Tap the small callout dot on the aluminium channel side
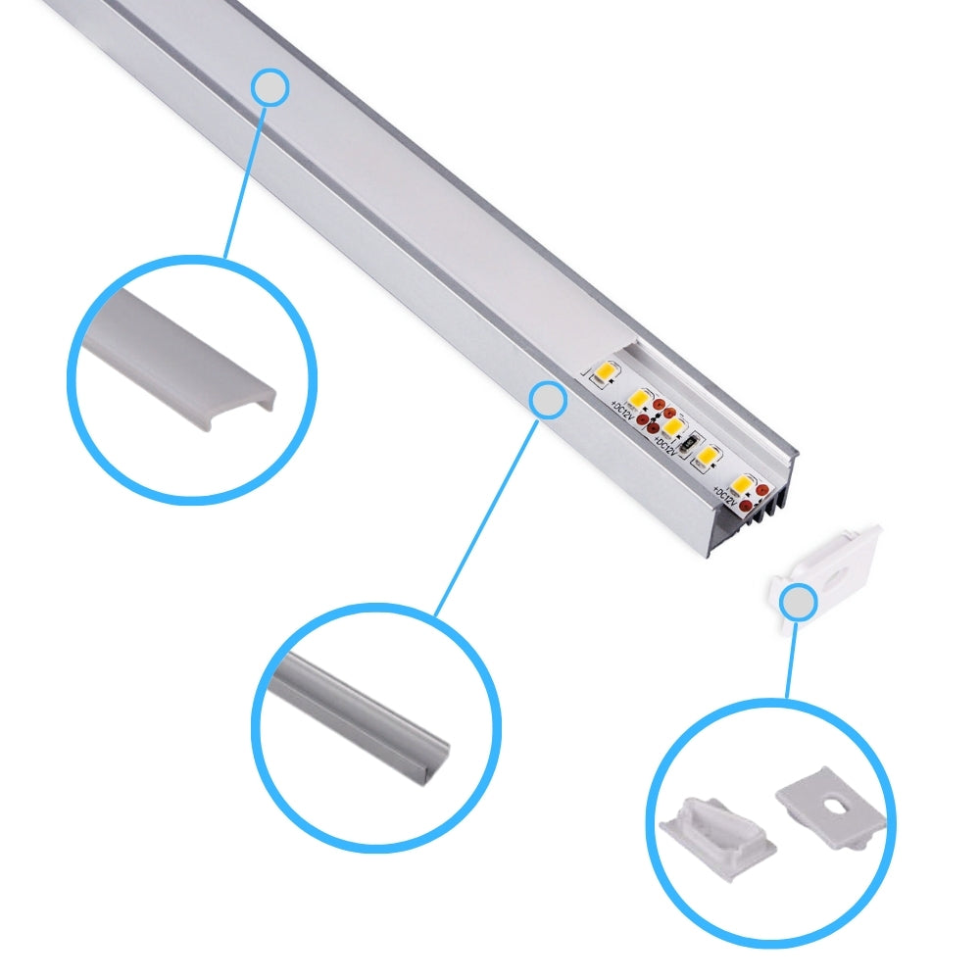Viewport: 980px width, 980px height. click(x=548, y=400)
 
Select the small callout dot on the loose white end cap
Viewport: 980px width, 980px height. click(x=800, y=603)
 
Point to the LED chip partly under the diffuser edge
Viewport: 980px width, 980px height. click(x=603, y=373)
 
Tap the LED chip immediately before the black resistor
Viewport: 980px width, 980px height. click(x=671, y=427)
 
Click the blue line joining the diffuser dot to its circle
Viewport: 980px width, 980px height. click(x=245, y=176)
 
